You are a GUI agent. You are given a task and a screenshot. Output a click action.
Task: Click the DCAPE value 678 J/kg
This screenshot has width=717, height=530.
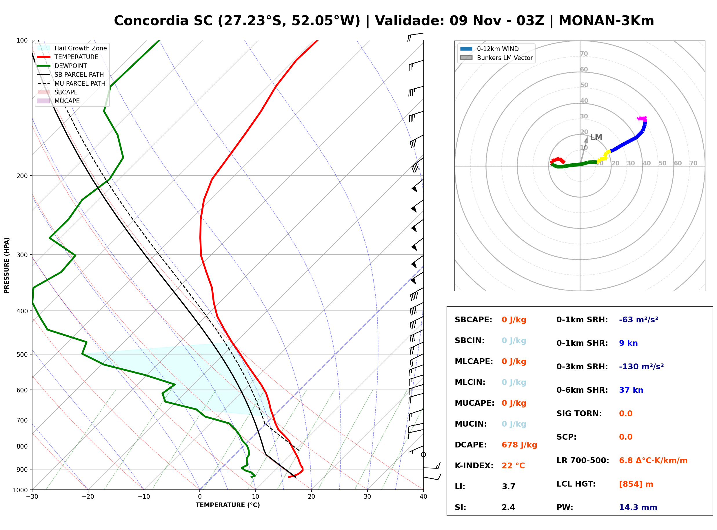(x=519, y=445)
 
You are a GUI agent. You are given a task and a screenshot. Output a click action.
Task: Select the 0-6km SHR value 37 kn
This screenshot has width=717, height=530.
(x=631, y=390)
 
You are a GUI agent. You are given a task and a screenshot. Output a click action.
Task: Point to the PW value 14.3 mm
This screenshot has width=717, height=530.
(x=638, y=507)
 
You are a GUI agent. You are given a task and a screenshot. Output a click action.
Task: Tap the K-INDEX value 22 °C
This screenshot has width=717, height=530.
(x=513, y=465)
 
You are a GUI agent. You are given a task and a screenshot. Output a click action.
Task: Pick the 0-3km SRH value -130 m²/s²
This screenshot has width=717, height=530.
(x=641, y=366)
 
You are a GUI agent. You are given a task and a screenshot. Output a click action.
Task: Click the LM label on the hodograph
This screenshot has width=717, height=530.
(x=596, y=137)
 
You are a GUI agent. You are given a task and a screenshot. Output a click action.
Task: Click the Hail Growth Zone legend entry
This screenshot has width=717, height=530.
(x=72, y=48)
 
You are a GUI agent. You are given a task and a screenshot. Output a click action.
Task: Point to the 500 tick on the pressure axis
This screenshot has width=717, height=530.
(x=22, y=354)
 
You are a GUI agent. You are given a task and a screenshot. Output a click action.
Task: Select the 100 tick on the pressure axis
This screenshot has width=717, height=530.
(x=22, y=41)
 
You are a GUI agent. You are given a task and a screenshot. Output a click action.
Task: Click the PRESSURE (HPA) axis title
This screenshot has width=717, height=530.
(x=7, y=265)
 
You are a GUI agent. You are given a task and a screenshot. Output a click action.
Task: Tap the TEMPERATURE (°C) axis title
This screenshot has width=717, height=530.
(x=228, y=505)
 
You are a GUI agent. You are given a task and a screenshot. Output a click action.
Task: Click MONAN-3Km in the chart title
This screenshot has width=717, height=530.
(x=606, y=21)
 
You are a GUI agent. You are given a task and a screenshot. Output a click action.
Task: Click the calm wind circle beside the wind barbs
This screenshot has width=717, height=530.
(x=423, y=455)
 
